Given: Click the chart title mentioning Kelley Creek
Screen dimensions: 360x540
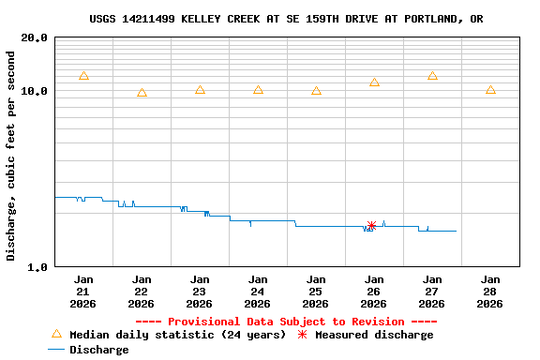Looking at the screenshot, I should coord(287,19).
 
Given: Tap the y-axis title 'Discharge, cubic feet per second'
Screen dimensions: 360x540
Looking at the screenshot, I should coord(11,156).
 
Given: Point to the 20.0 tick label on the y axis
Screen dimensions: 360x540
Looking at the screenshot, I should coord(35,38).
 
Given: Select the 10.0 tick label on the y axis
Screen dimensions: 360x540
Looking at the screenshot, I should coord(35,92).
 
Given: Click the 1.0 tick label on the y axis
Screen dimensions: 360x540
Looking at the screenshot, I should coord(38,267).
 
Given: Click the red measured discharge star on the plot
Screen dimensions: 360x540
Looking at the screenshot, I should coord(371,226).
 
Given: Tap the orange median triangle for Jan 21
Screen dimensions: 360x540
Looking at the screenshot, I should coord(83,76).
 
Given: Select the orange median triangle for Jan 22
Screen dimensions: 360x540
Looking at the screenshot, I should coord(142,93).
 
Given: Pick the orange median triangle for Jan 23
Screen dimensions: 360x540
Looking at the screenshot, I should coord(200,90).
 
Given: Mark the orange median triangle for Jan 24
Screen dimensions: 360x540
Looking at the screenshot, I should coord(258,90).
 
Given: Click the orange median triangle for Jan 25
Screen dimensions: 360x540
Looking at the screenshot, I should coord(316,91).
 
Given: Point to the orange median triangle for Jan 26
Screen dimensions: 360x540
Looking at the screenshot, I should coord(374,82).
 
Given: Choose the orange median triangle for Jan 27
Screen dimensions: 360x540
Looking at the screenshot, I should coord(432,76).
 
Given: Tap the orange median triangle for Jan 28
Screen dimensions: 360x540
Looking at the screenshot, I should coord(490,90).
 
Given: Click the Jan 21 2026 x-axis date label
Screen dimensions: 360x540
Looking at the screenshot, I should coord(83,291).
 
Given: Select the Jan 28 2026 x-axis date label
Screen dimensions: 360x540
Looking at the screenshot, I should coord(490,291).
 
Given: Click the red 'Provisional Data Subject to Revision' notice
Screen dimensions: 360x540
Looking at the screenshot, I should coord(286,322).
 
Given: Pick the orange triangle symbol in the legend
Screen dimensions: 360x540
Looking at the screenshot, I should coord(56,334).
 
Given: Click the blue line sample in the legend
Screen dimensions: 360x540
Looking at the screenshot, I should coord(56,350).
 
